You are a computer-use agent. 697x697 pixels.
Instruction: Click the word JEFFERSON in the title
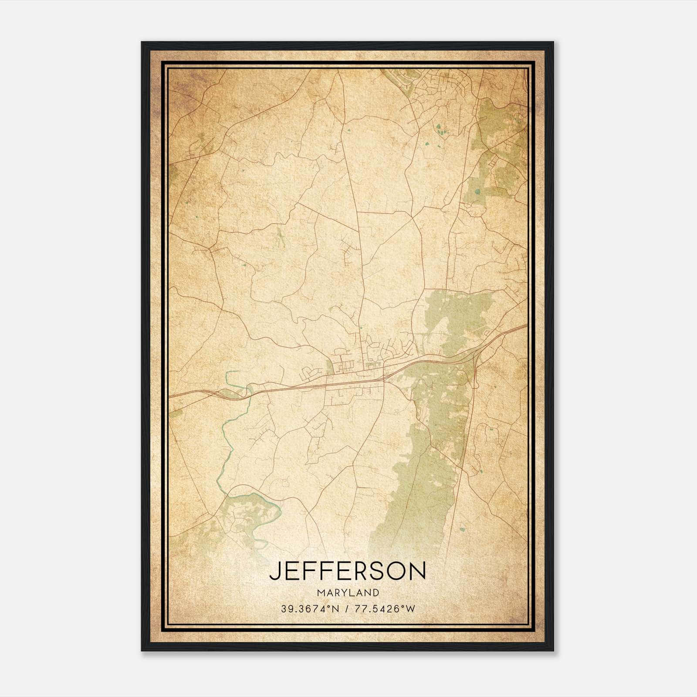click(347, 571)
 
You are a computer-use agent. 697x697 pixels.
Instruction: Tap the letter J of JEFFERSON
click(274, 571)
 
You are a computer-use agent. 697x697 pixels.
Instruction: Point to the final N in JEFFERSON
click(419, 571)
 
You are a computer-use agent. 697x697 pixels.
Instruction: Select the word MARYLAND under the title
click(348, 592)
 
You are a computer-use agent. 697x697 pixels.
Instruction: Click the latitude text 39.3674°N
click(309, 609)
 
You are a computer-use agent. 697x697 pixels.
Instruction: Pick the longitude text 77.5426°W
click(386, 609)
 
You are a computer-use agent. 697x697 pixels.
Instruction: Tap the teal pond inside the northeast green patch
click(478, 191)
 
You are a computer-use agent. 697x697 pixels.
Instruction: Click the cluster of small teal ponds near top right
click(440, 129)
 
